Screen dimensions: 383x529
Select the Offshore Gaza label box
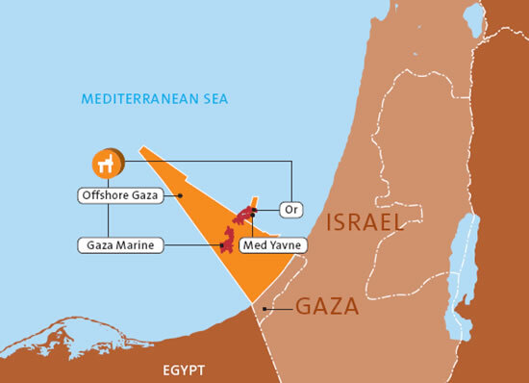(x=118, y=195)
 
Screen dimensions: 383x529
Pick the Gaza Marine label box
(x=117, y=245)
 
